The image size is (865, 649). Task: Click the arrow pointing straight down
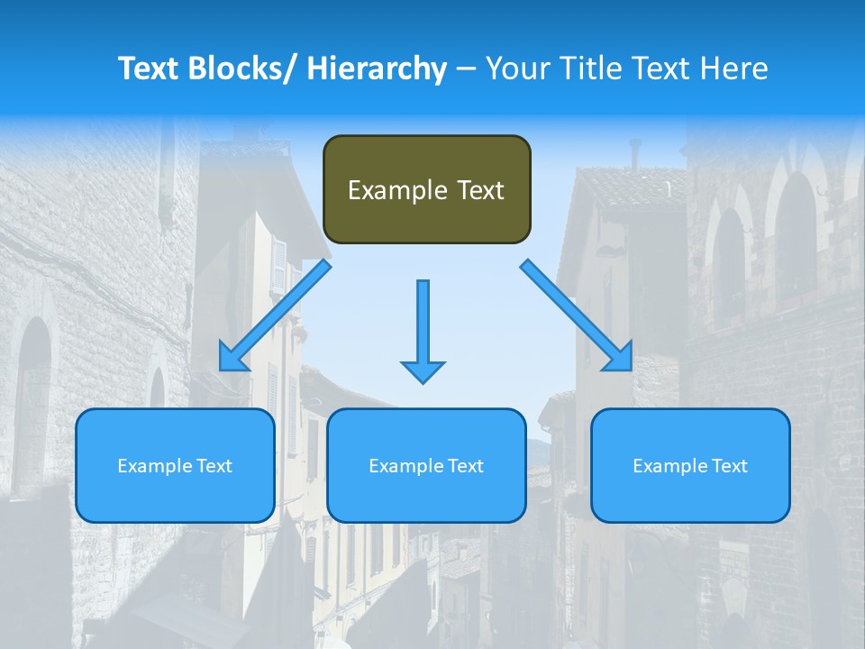423,330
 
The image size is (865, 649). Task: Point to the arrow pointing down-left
275,315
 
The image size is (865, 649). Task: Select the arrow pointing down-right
577,315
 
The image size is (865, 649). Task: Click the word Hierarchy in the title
376,69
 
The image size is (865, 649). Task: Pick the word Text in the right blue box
728,466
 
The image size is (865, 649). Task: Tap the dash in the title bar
466,69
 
